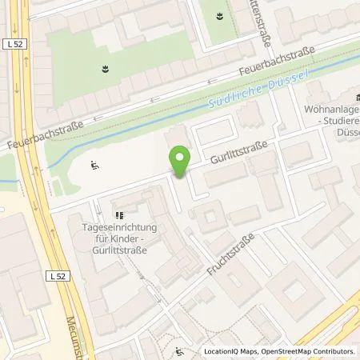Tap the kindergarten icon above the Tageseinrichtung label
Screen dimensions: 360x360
(120, 214)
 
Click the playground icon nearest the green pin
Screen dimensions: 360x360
(96, 166)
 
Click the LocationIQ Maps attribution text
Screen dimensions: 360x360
(231, 351)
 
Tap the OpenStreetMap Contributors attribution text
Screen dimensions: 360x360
(308, 351)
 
